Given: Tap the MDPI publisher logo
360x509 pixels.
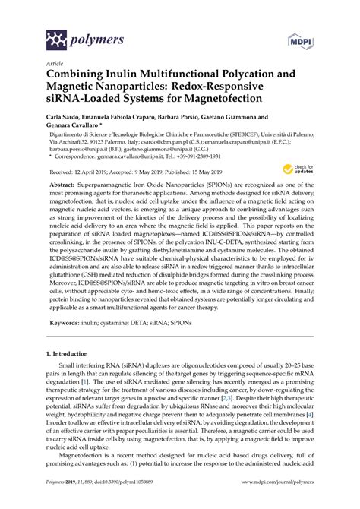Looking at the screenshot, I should [300, 37].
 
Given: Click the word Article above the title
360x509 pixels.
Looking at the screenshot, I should [55, 64].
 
